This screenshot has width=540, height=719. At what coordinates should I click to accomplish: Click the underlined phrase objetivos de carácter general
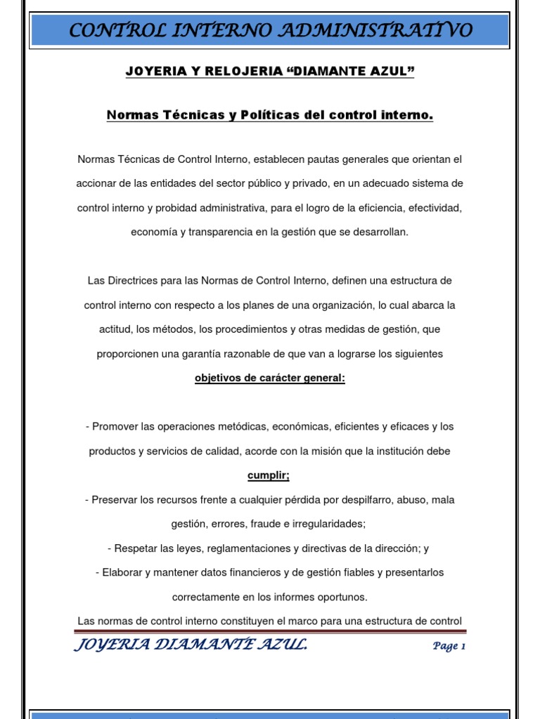click(x=270, y=378)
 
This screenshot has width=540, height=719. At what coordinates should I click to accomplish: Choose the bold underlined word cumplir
click(x=269, y=475)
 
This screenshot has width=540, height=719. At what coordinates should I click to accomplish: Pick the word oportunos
click(x=342, y=597)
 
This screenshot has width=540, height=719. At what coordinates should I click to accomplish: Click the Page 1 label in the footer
click(x=449, y=646)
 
